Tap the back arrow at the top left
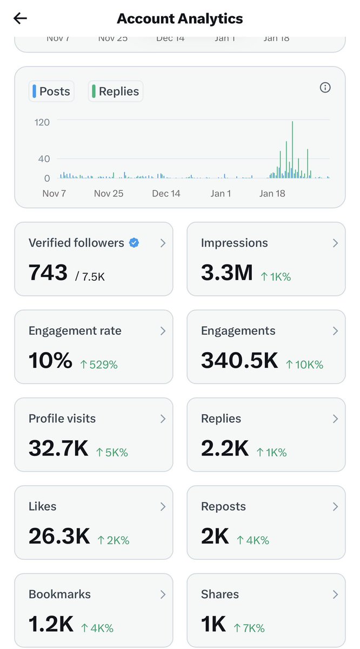tap(21, 18)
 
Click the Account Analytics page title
tap(179, 18)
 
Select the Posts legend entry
tap(51, 91)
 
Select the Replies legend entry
tap(115, 91)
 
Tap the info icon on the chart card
tap(325, 88)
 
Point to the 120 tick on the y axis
tap(42, 122)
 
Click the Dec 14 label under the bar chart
tap(166, 193)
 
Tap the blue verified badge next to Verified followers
tap(134, 243)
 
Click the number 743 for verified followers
tap(48, 273)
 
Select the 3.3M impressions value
tap(226, 273)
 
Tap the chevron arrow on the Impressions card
tap(335, 243)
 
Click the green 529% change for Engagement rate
tap(98, 365)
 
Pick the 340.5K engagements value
tap(239, 361)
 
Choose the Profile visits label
tap(62, 419)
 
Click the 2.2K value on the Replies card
tap(225, 448)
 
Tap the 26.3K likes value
tap(59, 536)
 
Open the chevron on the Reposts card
tap(335, 507)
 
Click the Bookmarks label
tap(59, 594)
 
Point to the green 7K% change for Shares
tap(249, 628)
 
